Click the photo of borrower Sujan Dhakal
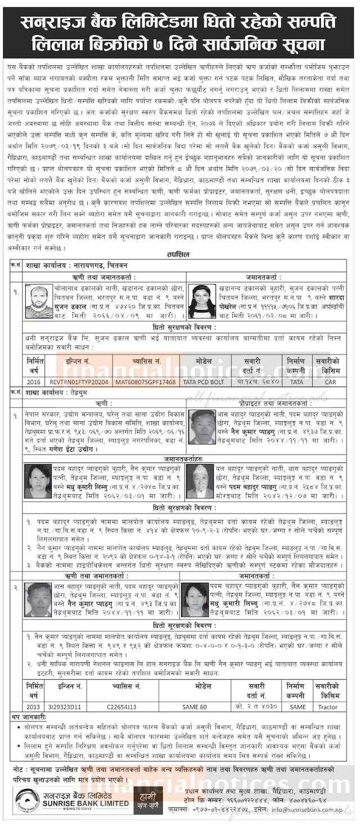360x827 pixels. pyautogui.click(x=39, y=302)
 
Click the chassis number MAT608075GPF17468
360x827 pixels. pyautogui.click(x=146, y=381)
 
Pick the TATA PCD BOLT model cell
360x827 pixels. pyautogui.click(x=204, y=381)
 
